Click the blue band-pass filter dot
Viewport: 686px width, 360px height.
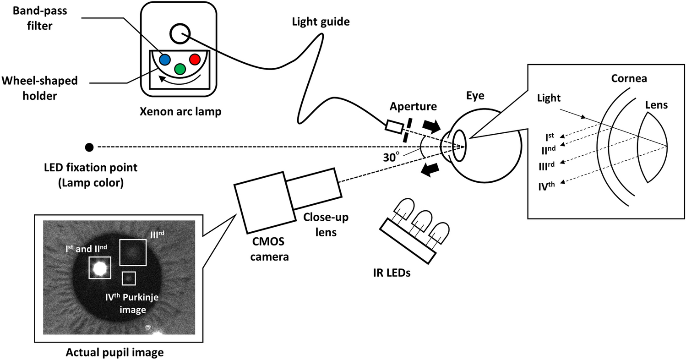(x=165, y=59)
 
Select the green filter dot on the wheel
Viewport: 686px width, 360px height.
(x=180, y=69)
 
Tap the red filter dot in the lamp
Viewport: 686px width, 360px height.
(x=195, y=59)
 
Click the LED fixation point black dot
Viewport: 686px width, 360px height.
(x=89, y=147)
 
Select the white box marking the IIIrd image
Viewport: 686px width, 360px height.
(x=133, y=252)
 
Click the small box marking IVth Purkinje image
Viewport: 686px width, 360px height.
(x=129, y=278)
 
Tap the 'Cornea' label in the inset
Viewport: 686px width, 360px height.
(x=629, y=78)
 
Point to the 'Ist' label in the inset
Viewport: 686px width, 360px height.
(x=550, y=136)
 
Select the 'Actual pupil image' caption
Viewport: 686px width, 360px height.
(x=114, y=353)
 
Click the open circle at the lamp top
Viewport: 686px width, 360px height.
(x=179, y=33)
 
